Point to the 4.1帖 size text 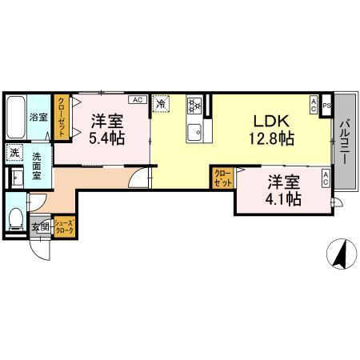(x=284, y=198)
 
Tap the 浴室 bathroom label (x=38, y=117)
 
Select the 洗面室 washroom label (x=38, y=168)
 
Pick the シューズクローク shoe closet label (x=65, y=226)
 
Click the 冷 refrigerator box (x=161, y=103)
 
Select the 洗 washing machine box (x=15, y=153)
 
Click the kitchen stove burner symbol (x=194, y=105)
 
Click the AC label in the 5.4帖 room (x=136, y=100)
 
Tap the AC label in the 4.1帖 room (x=326, y=178)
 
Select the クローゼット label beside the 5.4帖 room (x=62, y=116)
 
